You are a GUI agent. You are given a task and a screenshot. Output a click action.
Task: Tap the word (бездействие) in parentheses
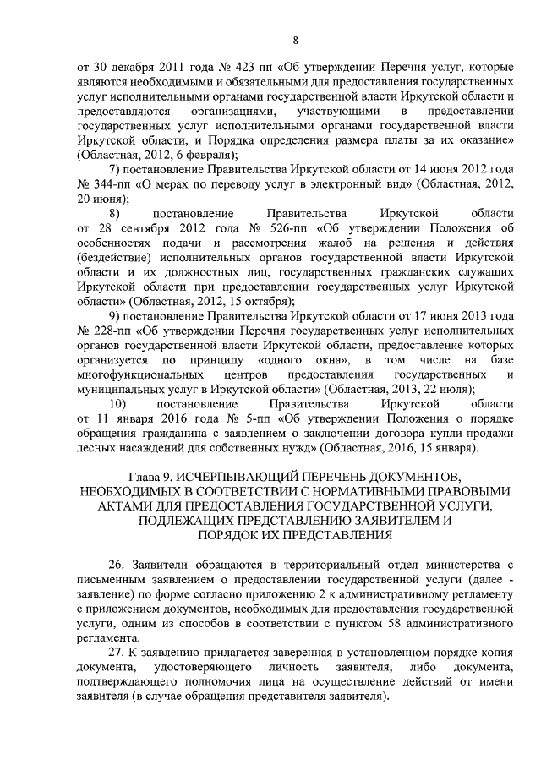point(113,258)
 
